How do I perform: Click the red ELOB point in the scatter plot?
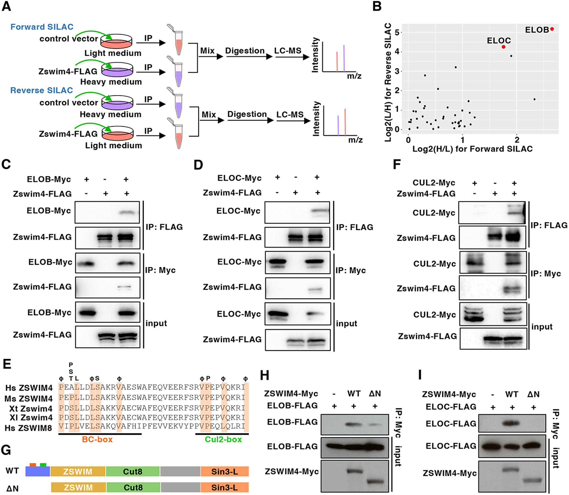(x=552, y=29)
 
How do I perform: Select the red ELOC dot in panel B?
(x=504, y=47)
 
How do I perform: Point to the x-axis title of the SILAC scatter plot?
(x=472, y=149)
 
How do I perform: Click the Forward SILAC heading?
(x=42, y=27)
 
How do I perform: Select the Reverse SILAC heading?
(x=42, y=90)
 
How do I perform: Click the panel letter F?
(x=397, y=165)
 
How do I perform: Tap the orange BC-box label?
(x=97, y=440)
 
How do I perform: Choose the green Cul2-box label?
(x=223, y=440)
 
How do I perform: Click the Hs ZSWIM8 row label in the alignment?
(x=29, y=428)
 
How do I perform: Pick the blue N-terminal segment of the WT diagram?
(x=38, y=471)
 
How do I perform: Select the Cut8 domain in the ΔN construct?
(x=133, y=487)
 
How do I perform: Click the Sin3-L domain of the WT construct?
(x=225, y=472)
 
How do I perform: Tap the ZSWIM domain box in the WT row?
(x=78, y=472)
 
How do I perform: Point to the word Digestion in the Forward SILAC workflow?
(x=245, y=51)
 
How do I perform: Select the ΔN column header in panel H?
(x=375, y=393)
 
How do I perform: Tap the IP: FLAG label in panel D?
(x=355, y=227)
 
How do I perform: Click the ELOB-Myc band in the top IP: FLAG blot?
(x=128, y=213)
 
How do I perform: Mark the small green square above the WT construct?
(x=43, y=465)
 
